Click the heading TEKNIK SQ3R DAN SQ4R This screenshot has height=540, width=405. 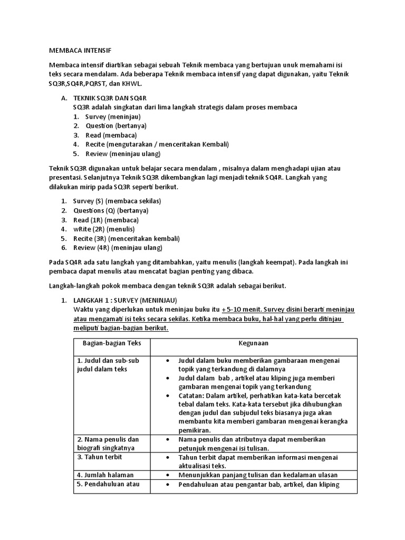[109, 98]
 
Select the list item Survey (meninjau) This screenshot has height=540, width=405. [110, 116]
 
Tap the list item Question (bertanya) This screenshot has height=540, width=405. [116, 126]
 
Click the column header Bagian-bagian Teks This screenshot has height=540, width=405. [111, 343]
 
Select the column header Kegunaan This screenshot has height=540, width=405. [253, 343]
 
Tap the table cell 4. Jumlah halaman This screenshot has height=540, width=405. [105, 475]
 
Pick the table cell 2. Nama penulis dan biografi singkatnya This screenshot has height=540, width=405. [108, 443]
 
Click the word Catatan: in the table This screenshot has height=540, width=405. [192, 394]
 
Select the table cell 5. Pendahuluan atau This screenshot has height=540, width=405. [108, 484]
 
